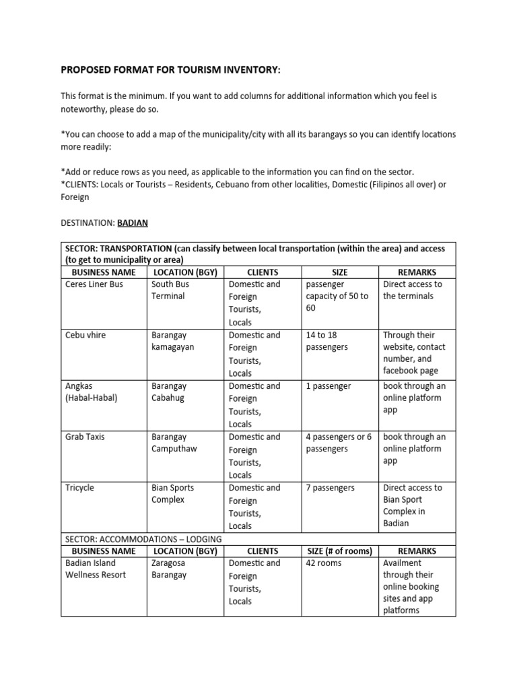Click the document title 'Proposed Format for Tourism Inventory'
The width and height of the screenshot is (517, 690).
(x=171, y=71)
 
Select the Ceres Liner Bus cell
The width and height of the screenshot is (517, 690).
(x=94, y=284)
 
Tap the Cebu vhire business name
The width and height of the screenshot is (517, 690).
(x=85, y=335)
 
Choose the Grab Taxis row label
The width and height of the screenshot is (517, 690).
(x=85, y=437)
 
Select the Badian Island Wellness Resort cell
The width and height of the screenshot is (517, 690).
(x=95, y=569)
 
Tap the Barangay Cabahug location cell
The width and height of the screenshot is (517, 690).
(x=170, y=392)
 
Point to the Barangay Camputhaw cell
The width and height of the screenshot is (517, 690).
(x=174, y=443)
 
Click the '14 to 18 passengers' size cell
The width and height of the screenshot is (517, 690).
(x=327, y=341)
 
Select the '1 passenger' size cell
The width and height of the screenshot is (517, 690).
(x=329, y=386)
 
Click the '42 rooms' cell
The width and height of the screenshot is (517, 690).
(x=324, y=563)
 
